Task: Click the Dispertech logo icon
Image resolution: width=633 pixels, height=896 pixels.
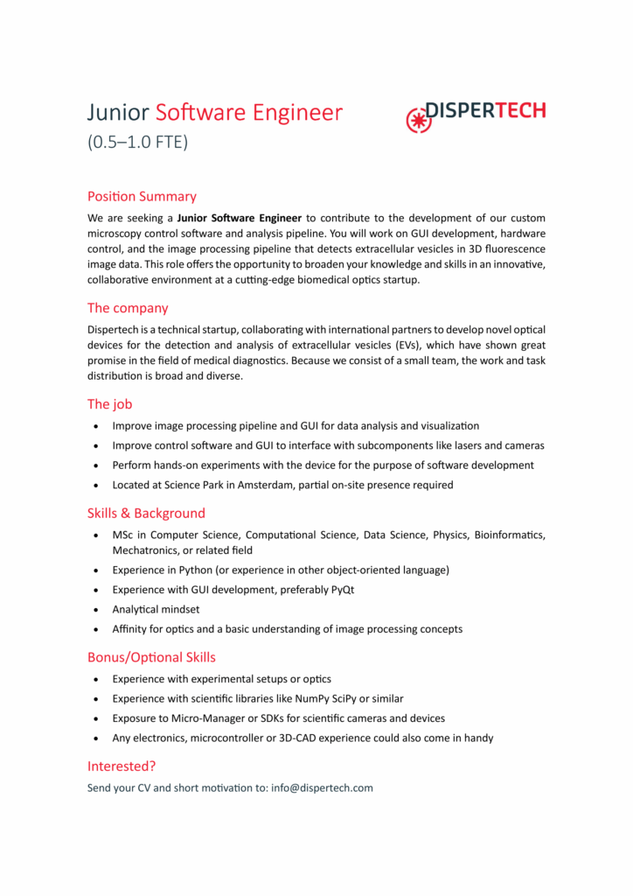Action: pyautogui.click(x=420, y=118)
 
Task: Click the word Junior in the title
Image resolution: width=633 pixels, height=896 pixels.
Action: pyautogui.click(x=119, y=113)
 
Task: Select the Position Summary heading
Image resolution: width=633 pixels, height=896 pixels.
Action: pyautogui.click(x=142, y=196)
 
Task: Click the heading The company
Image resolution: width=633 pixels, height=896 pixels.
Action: pyautogui.click(x=128, y=308)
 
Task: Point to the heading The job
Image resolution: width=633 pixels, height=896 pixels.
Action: pyautogui.click(x=110, y=404)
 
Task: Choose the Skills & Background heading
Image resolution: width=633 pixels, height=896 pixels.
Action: pyautogui.click(x=146, y=513)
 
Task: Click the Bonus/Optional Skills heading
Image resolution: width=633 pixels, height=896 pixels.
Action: pyautogui.click(x=151, y=656)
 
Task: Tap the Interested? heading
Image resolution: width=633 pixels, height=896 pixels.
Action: pyautogui.click(x=122, y=766)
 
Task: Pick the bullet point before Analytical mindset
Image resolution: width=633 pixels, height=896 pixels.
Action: pyautogui.click(x=95, y=610)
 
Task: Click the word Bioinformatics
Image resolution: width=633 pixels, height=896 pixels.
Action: pyautogui.click(x=509, y=535)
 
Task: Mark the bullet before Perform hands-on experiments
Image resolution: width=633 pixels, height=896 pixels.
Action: pyautogui.click(x=95, y=465)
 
